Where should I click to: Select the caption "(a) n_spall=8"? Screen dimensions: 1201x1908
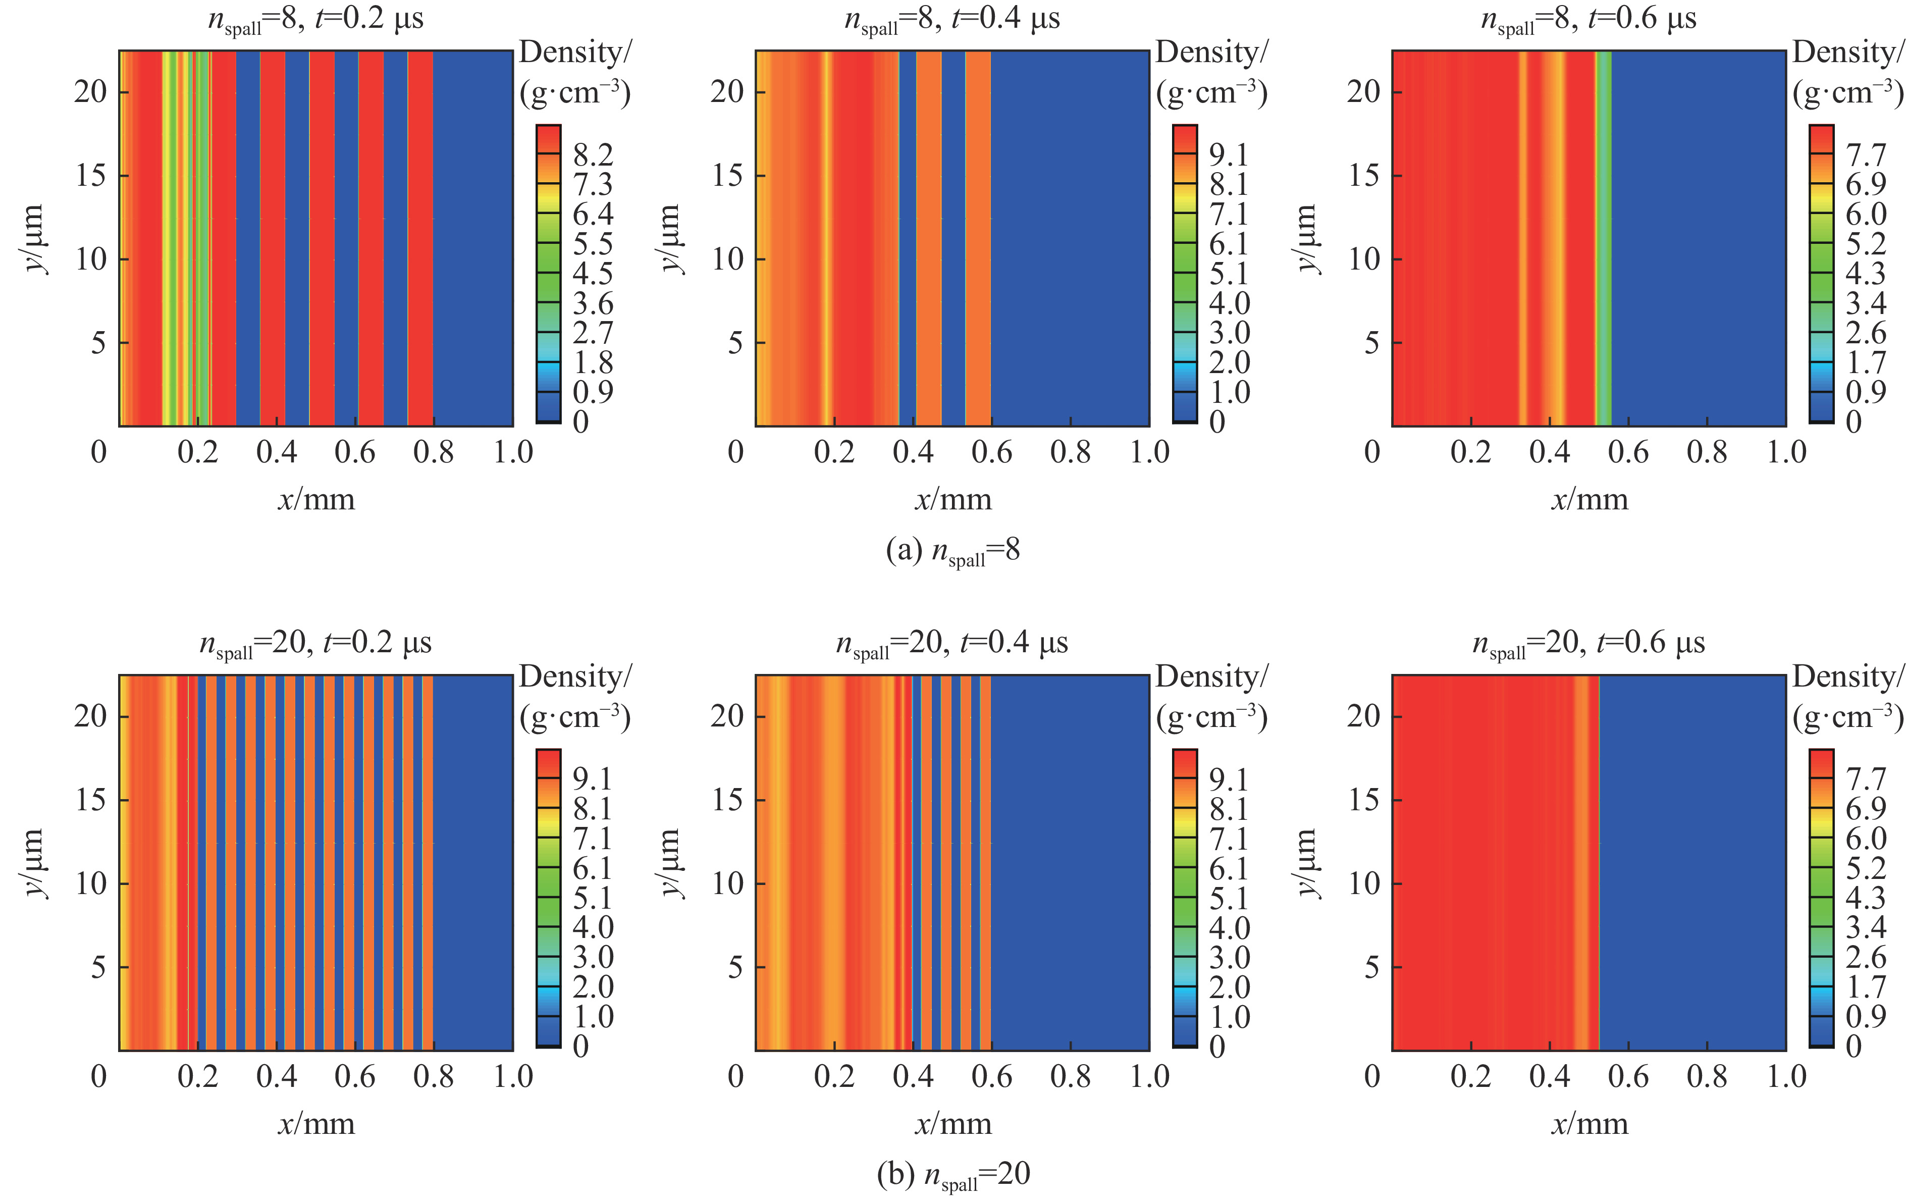point(952,551)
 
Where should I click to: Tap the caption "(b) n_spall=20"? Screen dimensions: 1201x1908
point(953,1175)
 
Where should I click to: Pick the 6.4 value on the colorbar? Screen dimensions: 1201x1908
point(593,214)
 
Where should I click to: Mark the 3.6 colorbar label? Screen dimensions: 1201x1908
point(593,303)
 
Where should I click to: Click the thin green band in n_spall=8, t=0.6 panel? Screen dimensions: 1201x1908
point(1603,238)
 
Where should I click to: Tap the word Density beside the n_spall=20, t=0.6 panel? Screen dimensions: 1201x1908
point(1846,676)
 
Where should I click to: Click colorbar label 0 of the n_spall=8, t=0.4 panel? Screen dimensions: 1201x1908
point(1217,422)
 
